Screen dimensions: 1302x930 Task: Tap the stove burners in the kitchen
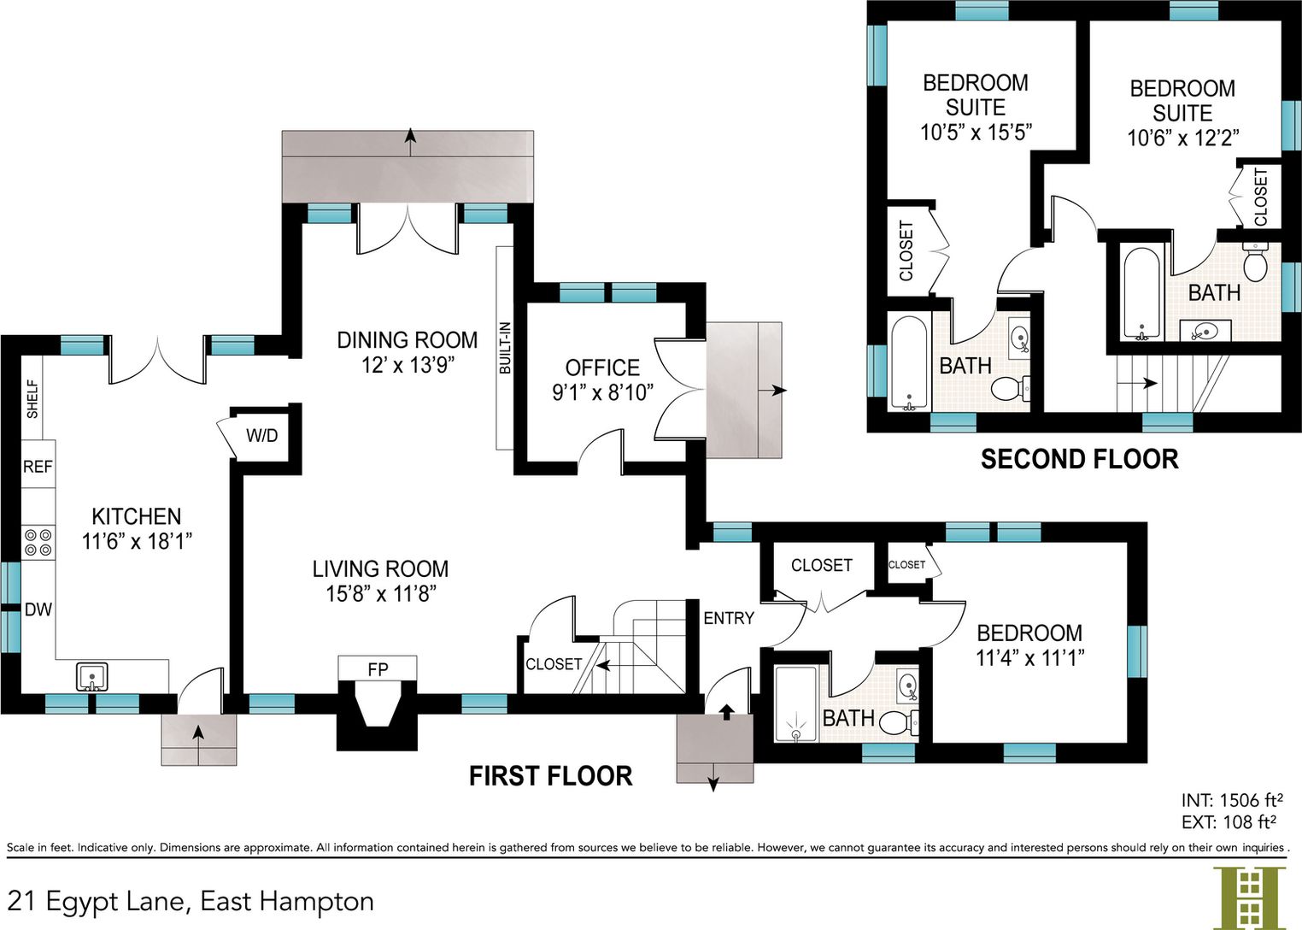tap(38, 542)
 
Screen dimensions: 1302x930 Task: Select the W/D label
tap(261, 435)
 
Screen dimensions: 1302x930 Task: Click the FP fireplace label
tap(378, 669)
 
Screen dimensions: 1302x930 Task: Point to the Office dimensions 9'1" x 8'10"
tap(603, 392)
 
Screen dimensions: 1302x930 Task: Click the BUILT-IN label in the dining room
tap(505, 348)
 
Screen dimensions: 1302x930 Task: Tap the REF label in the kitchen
tap(38, 467)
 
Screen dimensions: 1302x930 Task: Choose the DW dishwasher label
tap(38, 609)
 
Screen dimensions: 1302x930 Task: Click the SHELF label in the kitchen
tap(32, 399)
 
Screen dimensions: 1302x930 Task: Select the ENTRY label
tap(729, 618)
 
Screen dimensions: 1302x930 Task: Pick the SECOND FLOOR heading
tap(1079, 459)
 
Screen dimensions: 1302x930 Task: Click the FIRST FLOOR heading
tap(550, 776)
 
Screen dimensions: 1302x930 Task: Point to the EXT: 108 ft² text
tap(1229, 821)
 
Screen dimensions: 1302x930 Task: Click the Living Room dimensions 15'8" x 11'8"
tap(381, 594)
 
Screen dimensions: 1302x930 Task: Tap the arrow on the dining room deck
tap(410, 142)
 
